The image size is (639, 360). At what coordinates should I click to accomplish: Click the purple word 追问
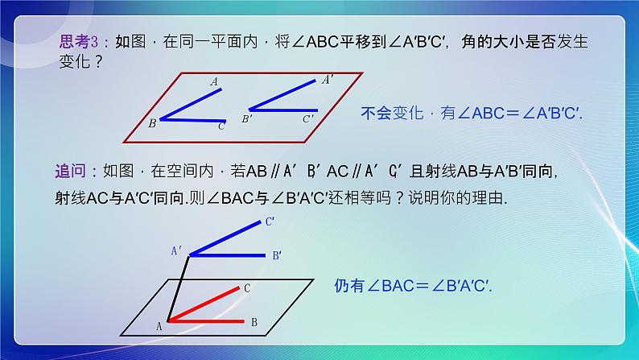tap(72, 172)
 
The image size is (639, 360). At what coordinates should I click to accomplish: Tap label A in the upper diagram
tap(214, 82)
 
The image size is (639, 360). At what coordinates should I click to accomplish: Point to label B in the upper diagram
tap(152, 123)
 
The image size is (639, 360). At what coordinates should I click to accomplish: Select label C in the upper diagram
tap(221, 126)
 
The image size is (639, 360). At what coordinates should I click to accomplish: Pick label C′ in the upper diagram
tap(308, 119)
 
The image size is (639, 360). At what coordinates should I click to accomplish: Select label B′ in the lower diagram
tap(276, 256)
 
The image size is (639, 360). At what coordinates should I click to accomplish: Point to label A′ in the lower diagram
tap(176, 251)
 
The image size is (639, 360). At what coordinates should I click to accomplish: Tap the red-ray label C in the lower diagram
tap(248, 288)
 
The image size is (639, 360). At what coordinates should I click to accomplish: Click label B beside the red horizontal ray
tap(254, 322)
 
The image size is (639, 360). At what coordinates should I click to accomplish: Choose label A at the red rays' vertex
tap(159, 325)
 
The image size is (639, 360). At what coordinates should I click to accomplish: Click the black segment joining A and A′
tap(179, 288)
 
